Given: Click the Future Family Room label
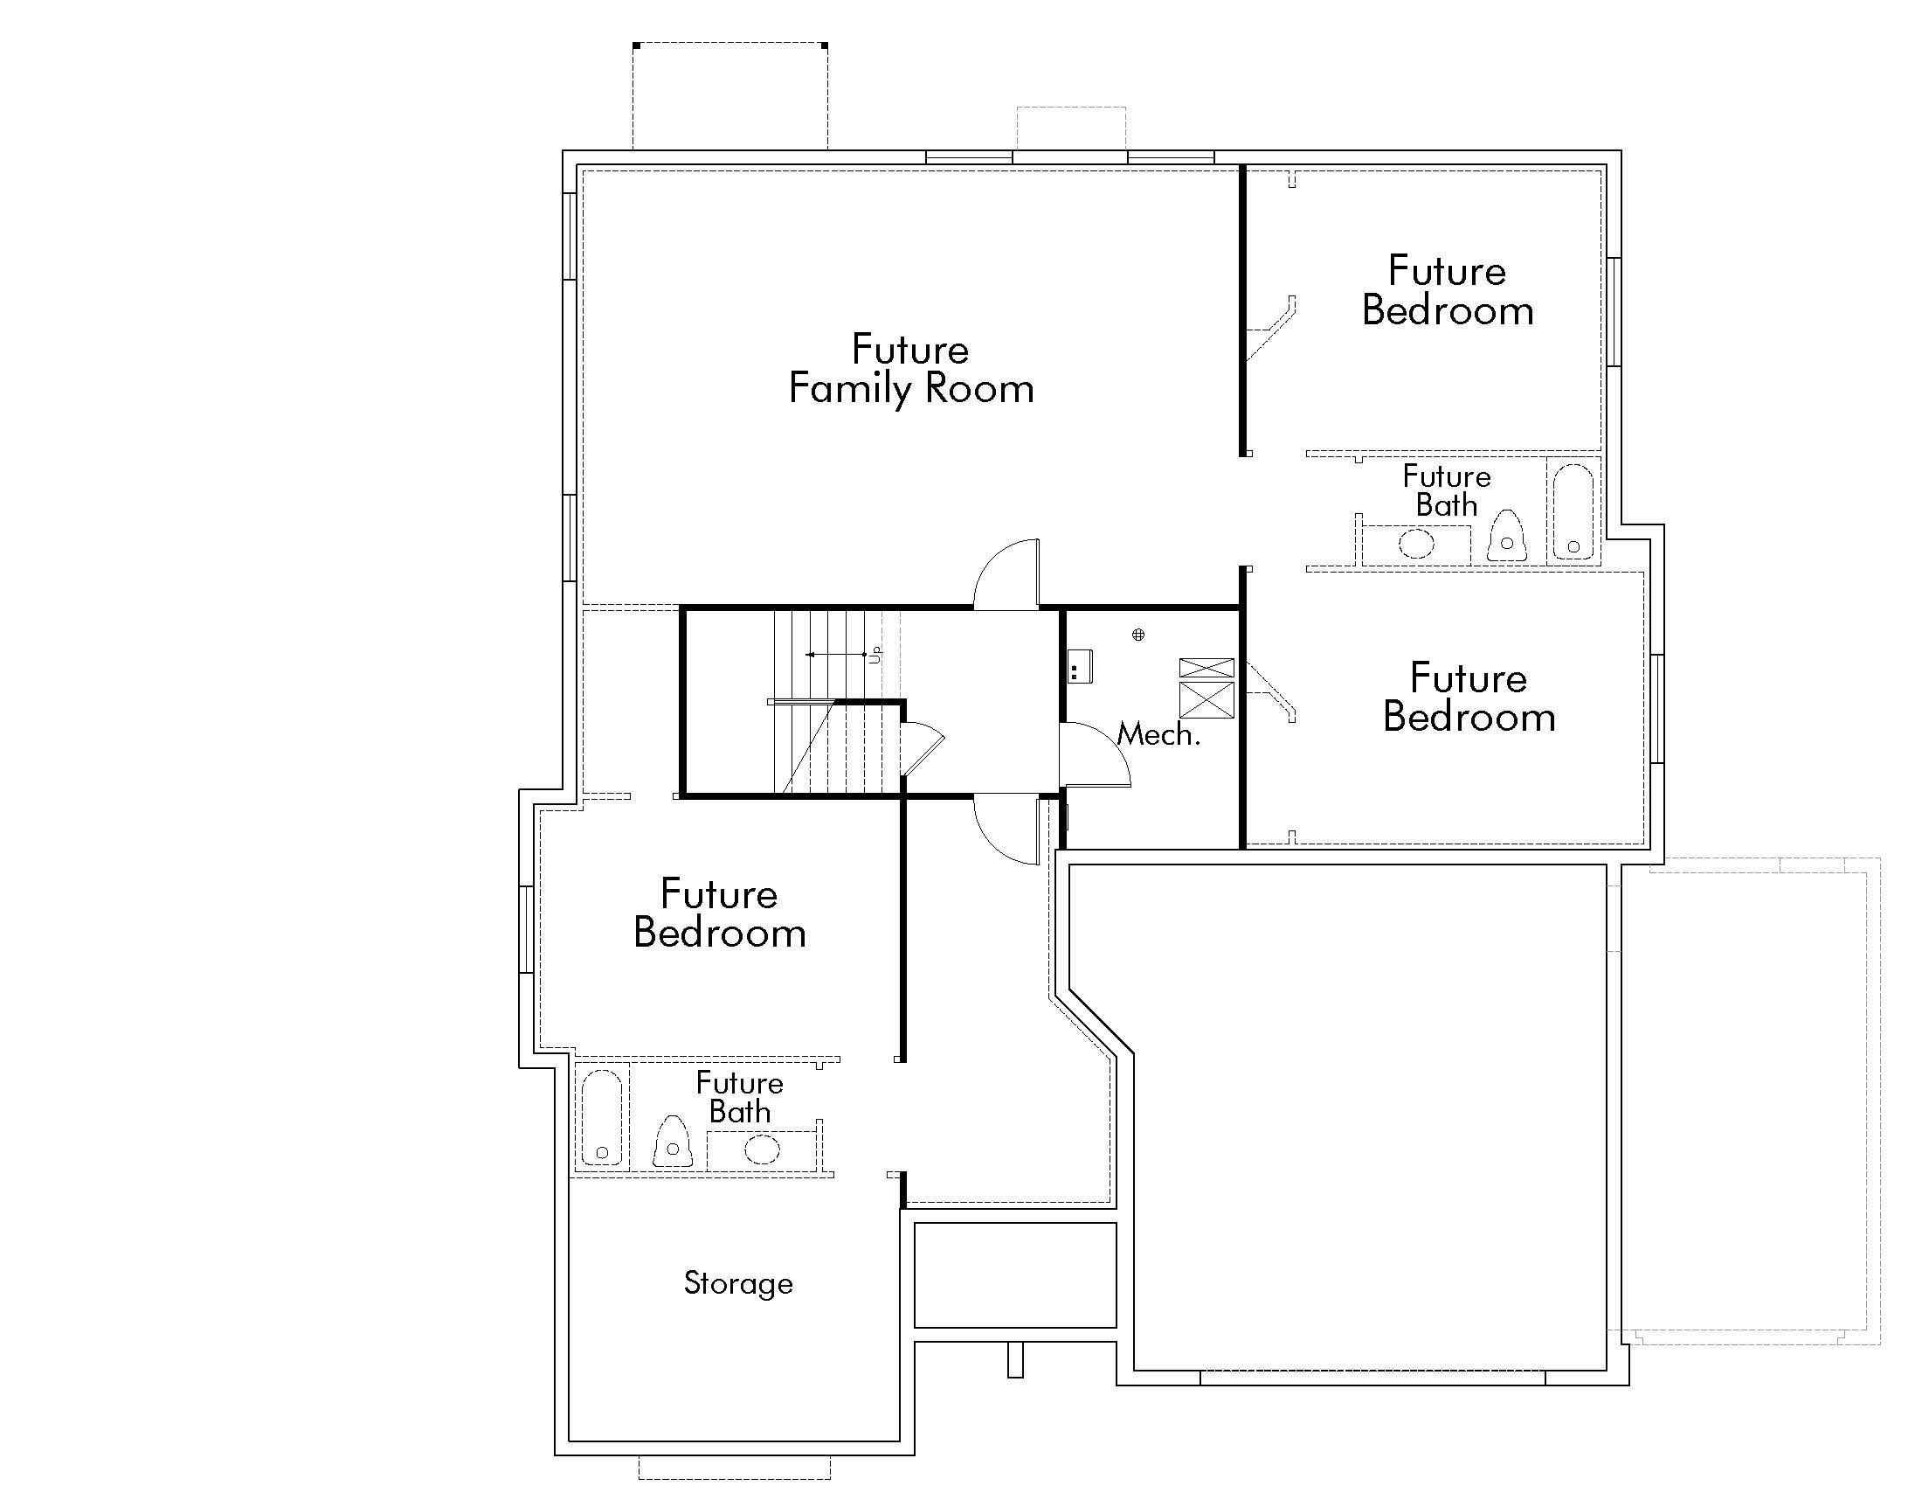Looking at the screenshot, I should click(911, 370).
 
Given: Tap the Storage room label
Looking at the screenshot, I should click(737, 1283).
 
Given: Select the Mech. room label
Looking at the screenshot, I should click(1158, 734).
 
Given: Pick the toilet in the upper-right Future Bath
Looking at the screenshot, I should click(1507, 537).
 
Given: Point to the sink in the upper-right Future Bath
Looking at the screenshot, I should click(1416, 542).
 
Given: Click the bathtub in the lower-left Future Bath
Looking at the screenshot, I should click(602, 1117).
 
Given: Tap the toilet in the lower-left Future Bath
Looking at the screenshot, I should click(673, 1142).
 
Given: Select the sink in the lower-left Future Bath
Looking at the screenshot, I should click(762, 1149).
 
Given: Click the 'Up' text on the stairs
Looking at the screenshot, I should click(875, 654).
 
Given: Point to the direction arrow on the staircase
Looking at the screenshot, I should click(836, 655).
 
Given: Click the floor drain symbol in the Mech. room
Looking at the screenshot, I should click(1137, 634).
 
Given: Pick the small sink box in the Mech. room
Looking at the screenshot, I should click(1080, 666).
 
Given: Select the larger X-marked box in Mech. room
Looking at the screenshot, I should click(1206, 701).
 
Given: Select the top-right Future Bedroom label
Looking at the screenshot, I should click(1448, 290).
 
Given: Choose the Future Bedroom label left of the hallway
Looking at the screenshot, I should click(719, 913).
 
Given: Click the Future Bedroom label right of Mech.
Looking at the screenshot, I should click(1469, 698).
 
